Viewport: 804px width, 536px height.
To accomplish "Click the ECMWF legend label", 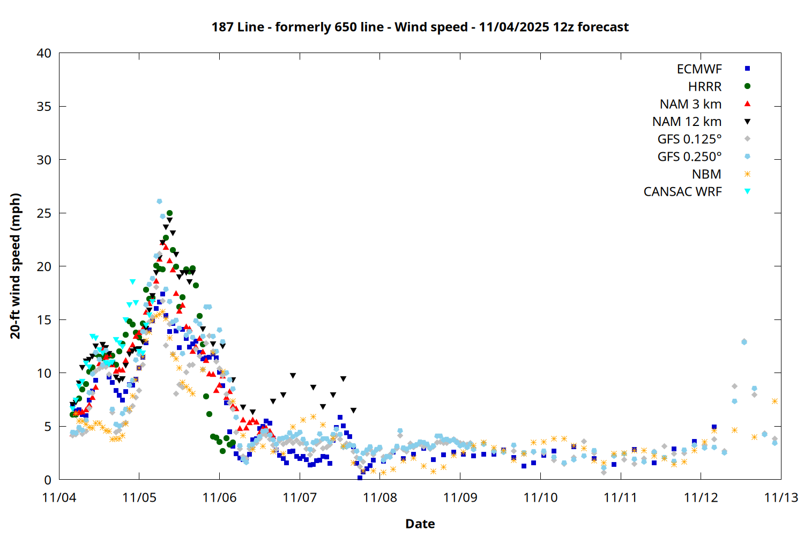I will (x=699, y=69).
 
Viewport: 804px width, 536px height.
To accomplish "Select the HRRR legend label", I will (x=704, y=87).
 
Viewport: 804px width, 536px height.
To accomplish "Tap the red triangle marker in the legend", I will (x=747, y=103).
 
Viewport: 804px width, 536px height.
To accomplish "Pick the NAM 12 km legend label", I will (x=687, y=122).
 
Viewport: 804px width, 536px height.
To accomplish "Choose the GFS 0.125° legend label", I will (x=689, y=139).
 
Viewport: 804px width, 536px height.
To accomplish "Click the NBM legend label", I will (x=706, y=174).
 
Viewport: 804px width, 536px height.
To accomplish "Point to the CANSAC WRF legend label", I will (x=682, y=192).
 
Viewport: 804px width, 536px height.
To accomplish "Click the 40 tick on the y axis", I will (x=44, y=54).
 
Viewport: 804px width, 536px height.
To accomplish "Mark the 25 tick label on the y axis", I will (x=44, y=213).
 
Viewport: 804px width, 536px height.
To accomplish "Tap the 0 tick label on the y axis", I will (x=48, y=480).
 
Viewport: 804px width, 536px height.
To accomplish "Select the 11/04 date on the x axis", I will (x=59, y=497).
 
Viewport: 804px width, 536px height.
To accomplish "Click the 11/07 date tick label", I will (x=300, y=497).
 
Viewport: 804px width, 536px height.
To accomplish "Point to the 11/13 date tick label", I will (x=780, y=497).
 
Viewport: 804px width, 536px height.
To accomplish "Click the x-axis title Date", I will (x=420, y=524).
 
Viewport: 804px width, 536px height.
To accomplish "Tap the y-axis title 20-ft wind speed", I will (x=16, y=266).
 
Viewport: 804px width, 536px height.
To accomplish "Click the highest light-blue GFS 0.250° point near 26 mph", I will (x=159, y=202).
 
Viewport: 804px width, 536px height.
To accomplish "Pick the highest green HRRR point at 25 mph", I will (x=169, y=213).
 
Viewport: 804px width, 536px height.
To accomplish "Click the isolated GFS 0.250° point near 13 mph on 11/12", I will (x=743, y=342).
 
